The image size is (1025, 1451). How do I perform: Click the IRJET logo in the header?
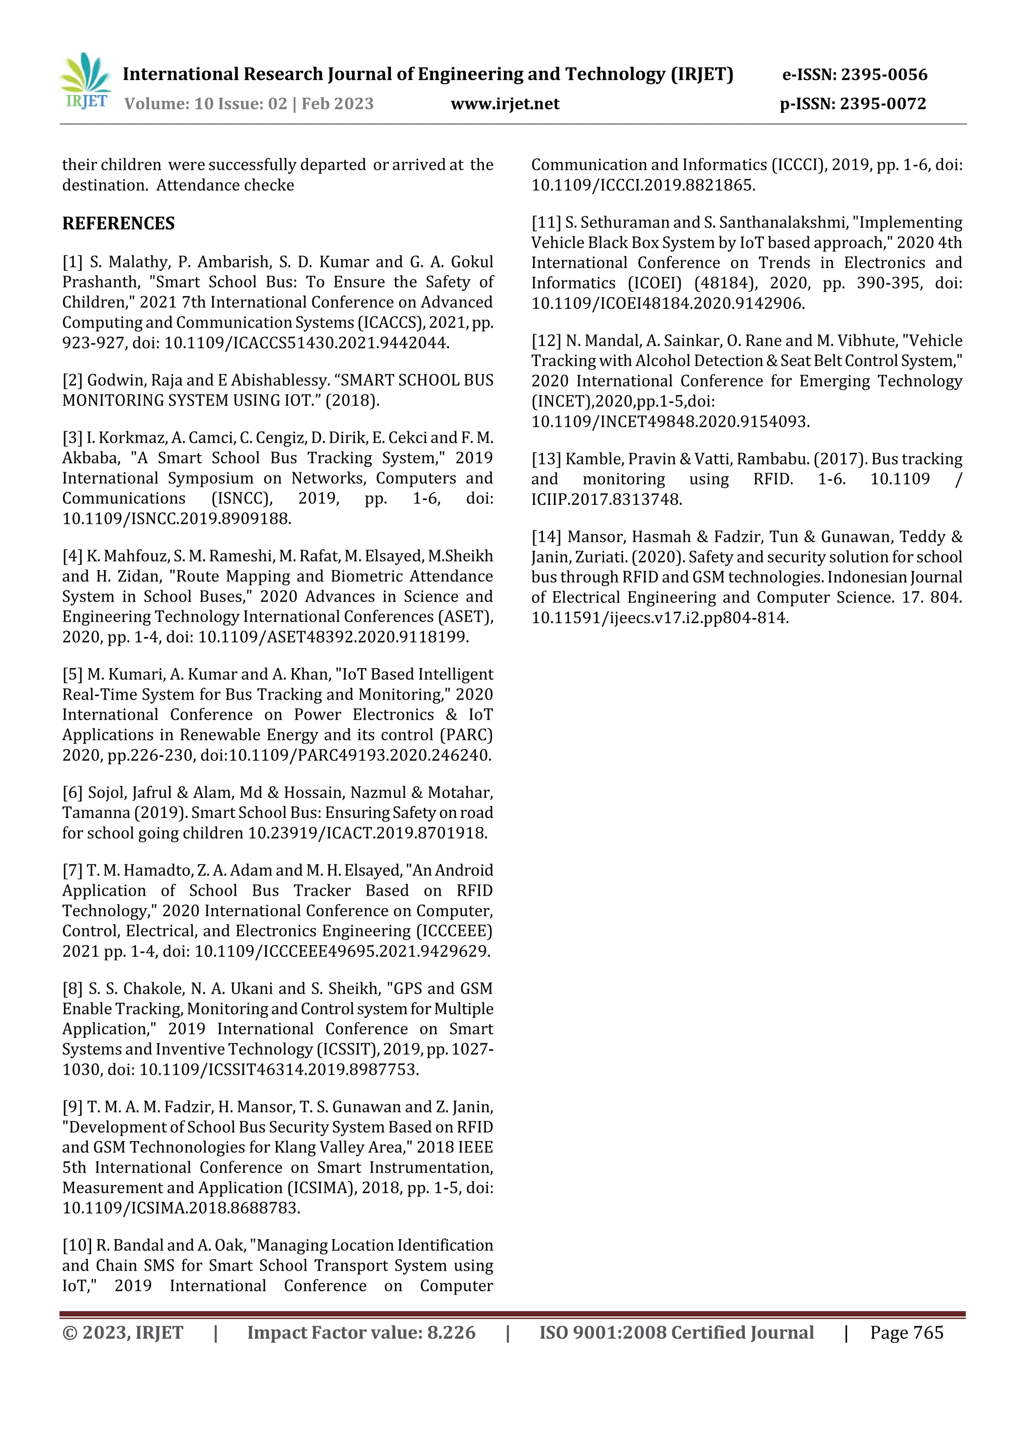click(85, 82)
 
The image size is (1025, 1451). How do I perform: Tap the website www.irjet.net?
click(504, 104)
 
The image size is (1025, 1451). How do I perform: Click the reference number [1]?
click(72, 261)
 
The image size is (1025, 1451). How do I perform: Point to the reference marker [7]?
click(72, 870)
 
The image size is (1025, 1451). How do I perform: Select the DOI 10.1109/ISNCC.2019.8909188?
click(176, 519)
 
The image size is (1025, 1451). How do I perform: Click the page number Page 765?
click(906, 1332)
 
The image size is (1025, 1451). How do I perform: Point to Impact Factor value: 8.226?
click(361, 1332)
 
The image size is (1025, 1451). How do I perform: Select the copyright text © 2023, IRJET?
click(123, 1332)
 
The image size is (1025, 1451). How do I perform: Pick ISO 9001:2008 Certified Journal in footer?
click(676, 1332)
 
